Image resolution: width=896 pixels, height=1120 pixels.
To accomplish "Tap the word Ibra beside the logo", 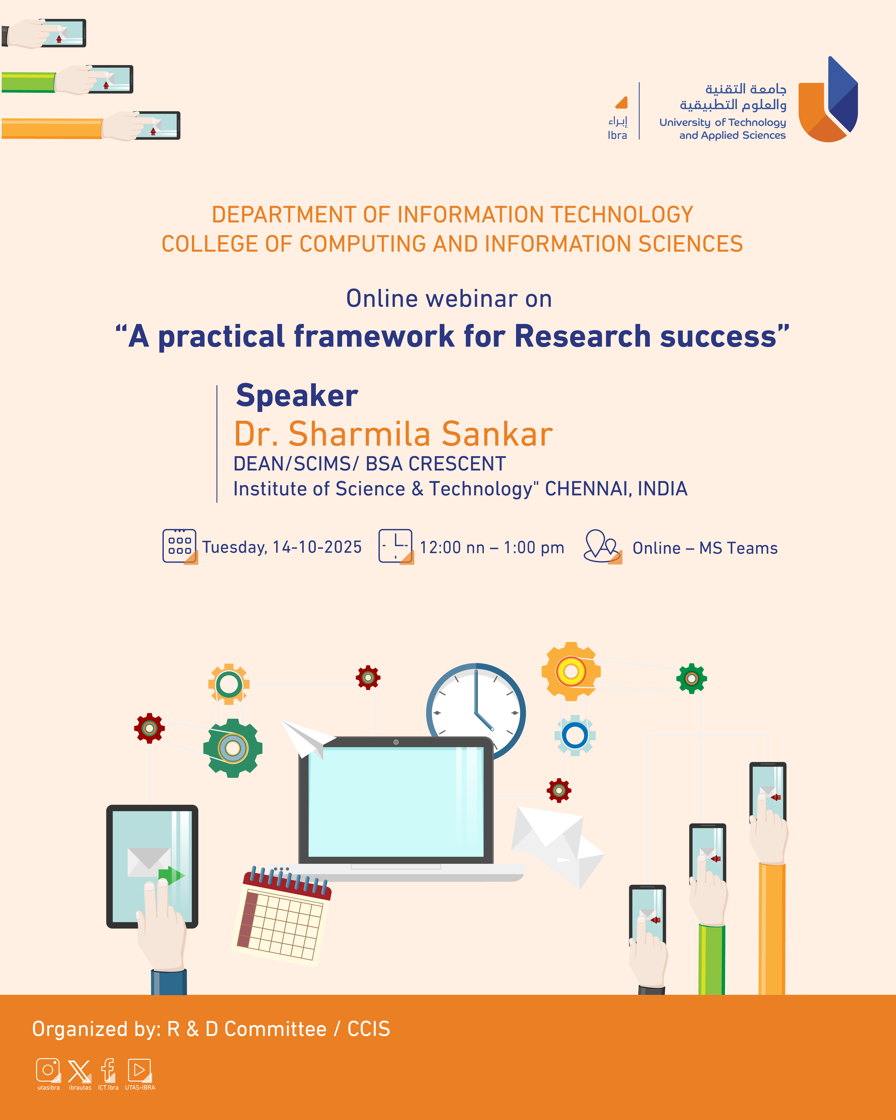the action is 617,135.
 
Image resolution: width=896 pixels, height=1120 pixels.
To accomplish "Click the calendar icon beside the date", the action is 180,547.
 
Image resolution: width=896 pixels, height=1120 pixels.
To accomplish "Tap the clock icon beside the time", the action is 396,547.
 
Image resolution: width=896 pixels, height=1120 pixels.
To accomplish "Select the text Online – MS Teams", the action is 705,548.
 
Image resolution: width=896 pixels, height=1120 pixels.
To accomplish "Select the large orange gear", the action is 571,671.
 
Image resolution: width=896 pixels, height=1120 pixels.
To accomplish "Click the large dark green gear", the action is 233,748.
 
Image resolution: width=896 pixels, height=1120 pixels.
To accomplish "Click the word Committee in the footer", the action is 275,1029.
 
